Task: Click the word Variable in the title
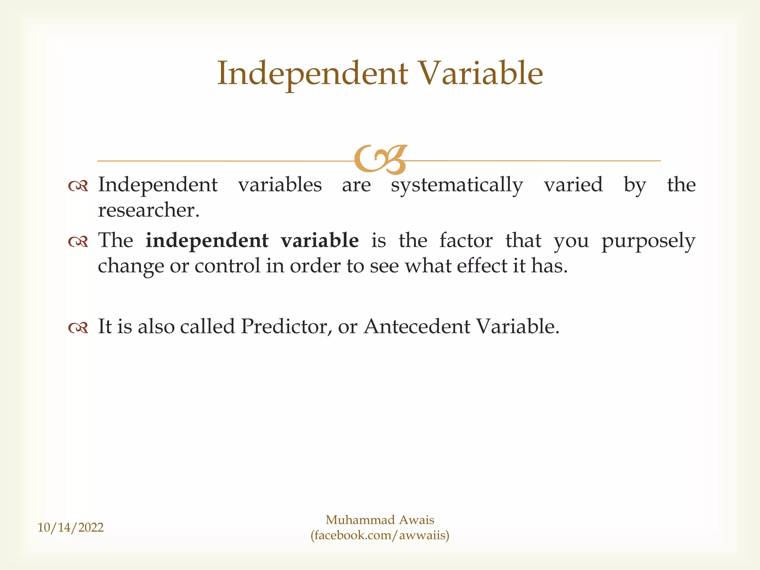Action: click(480, 73)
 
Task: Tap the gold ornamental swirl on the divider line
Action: click(380, 160)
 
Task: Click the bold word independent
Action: click(207, 240)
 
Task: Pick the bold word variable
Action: click(320, 240)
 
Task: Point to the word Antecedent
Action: click(417, 327)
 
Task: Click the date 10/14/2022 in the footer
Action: click(71, 527)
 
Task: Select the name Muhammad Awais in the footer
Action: click(380, 520)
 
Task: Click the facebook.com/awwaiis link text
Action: click(380, 535)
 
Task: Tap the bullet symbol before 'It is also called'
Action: click(78, 328)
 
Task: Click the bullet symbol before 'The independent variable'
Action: click(78, 242)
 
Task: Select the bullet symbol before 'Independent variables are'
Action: click(78, 186)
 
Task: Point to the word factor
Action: click(466, 240)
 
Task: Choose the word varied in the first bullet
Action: click(573, 185)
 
